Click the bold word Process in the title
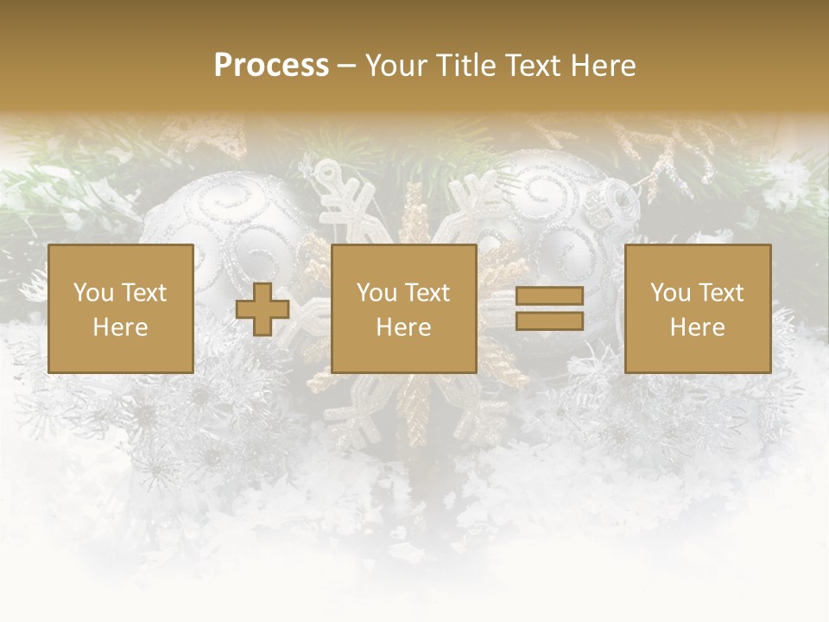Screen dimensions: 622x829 point(271,66)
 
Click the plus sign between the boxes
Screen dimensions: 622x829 point(263,309)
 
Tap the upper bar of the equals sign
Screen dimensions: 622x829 point(549,296)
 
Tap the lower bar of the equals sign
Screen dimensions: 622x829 point(549,321)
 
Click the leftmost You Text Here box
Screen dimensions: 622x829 point(121,308)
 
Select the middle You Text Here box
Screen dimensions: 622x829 point(403,308)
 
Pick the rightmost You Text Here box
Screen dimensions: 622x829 point(697,308)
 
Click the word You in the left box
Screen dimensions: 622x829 point(92,293)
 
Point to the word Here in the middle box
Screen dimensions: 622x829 point(403,327)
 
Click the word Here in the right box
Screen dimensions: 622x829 point(697,327)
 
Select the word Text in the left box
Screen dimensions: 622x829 point(143,293)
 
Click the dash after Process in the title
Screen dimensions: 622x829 point(346,66)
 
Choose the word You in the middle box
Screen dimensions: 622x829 point(376,293)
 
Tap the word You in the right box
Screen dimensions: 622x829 point(669,293)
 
